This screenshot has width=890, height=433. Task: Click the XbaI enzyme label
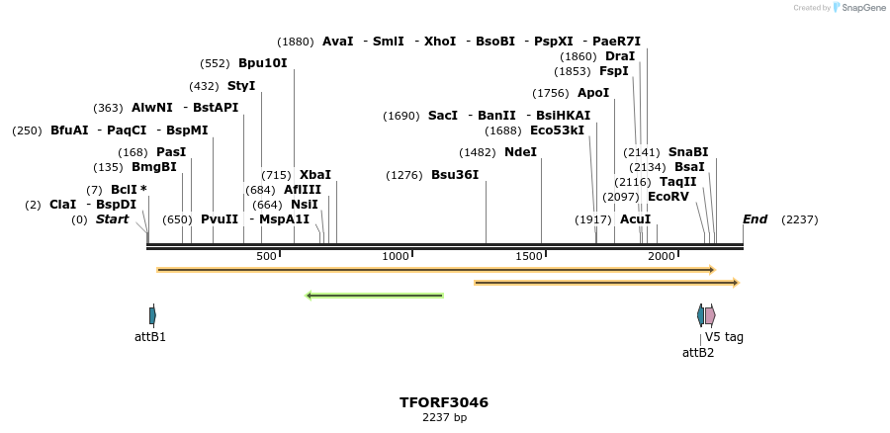[315, 175]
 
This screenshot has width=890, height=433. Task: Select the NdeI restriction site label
[520, 152]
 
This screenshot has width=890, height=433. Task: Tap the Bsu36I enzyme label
[455, 175]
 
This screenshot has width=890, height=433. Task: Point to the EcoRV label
[668, 197]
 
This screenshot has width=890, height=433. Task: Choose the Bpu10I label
[262, 63]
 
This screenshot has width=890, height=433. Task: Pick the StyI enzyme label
[241, 86]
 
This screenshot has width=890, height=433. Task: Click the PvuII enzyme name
[220, 219]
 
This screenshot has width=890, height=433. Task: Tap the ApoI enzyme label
[593, 93]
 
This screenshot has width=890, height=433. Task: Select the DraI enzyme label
[620, 56]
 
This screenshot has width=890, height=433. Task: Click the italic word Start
[112, 219]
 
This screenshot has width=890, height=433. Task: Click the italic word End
[756, 219]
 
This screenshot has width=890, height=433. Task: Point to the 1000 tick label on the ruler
[396, 256]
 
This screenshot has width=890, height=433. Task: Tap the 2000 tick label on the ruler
[661, 256]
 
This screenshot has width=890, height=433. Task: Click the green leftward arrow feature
[375, 295]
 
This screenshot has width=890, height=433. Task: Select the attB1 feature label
[150, 337]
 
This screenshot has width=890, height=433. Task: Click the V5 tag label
[724, 337]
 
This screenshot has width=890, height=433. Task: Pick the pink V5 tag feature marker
[710, 315]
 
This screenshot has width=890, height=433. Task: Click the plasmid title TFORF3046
[444, 402]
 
